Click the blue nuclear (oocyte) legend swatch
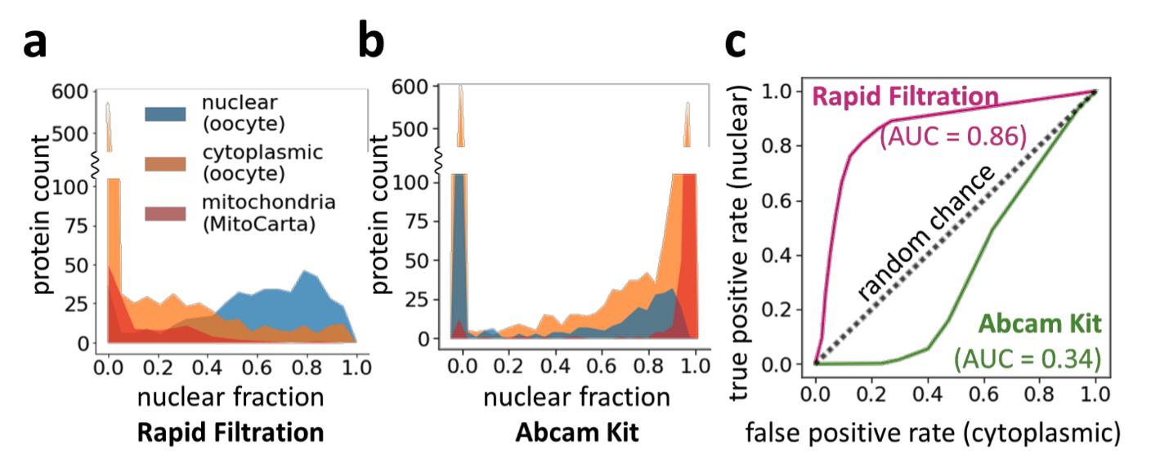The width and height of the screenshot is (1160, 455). [x=168, y=112]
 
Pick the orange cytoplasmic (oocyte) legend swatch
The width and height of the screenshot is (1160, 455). [x=168, y=163]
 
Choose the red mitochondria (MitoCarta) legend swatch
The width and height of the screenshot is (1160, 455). [x=168, y=214]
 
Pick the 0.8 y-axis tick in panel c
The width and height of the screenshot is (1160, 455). [x=780, y=146]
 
